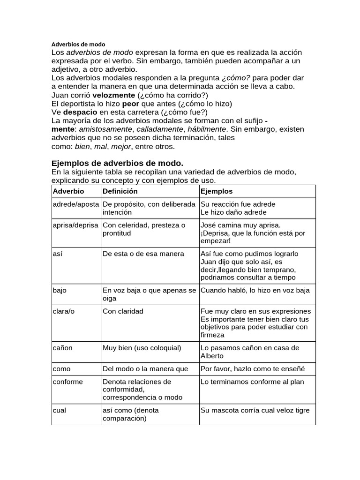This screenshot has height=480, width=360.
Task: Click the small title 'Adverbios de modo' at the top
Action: [78, 44]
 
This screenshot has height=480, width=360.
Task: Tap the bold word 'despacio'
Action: [80, 112]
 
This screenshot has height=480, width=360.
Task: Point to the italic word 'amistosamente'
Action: [106, 129]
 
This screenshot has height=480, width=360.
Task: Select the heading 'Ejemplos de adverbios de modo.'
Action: [117, 163]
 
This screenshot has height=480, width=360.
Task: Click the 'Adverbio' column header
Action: [68, 192]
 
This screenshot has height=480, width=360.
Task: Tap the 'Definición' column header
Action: [120, 192]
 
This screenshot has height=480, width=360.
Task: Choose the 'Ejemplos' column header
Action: [216, 192]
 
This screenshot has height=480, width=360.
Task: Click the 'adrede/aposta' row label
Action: [75, 204]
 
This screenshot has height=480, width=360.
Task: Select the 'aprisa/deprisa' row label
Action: [75, 225]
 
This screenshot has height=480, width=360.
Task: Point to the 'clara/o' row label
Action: [64, 311]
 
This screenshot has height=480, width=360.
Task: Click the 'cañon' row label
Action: [62, 348]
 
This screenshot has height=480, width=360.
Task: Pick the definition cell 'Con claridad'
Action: [123, 311]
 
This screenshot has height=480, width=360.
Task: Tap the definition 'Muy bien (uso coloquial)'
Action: [142, 348]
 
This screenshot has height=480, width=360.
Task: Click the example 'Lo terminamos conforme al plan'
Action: [252, 382]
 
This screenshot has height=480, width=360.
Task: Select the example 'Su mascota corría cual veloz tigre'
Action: [255, 410]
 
